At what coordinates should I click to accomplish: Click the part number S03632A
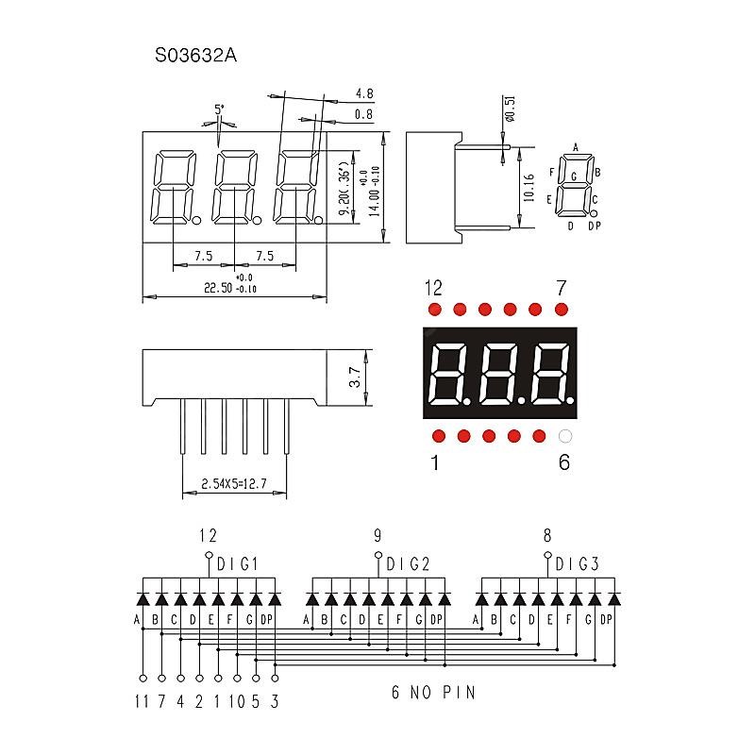tap(195, 56)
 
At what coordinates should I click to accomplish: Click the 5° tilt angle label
tap(219, 109)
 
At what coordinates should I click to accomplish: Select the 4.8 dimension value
tap(363, 93)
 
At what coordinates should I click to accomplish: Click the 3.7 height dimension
tap(355, 377)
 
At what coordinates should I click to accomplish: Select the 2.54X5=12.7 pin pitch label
tap(234, 485)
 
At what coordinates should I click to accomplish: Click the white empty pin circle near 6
tap(564, 436)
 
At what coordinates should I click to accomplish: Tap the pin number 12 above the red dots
tap(433, 287)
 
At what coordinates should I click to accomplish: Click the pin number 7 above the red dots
tap(561, 287)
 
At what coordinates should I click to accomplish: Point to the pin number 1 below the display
tap(434, 462)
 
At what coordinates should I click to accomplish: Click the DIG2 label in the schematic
tap(407, 564)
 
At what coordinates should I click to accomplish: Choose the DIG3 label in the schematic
tap(577, 564)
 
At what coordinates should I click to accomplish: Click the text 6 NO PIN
tap(433, 692)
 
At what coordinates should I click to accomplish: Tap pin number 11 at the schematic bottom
tap(143, 700)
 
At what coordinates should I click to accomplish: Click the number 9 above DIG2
tap(377, 536)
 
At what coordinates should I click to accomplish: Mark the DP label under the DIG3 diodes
tap(606, 619)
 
